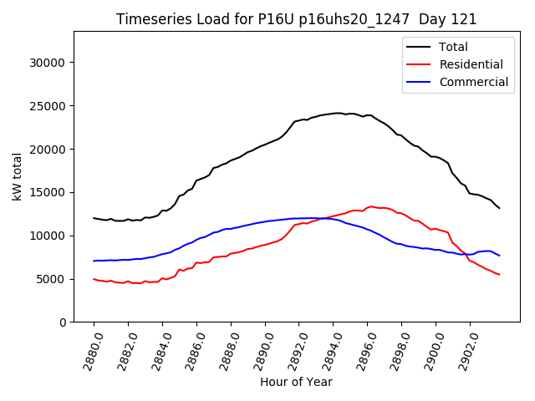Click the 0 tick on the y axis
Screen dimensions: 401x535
click(64, 322)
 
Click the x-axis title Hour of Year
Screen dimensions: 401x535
click(296, 382)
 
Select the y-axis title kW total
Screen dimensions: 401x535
click(17, 177)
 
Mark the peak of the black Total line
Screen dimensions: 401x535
click(338, 113)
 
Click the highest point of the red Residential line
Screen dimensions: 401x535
click(370, 206)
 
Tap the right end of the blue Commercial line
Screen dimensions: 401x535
click(499, 256)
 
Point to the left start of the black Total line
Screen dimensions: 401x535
click(94, 218)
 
